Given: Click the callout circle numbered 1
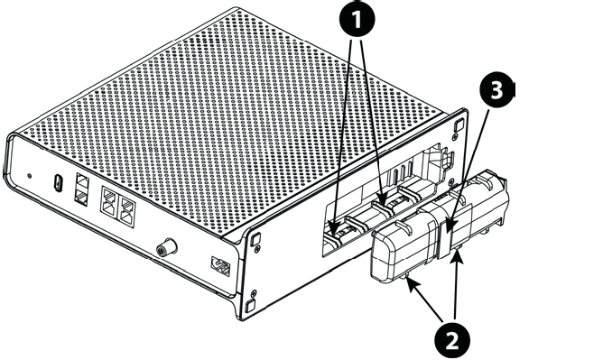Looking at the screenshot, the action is pos(357,19).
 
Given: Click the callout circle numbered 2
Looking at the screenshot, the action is pos(452,340).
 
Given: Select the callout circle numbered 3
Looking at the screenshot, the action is pos(496,90).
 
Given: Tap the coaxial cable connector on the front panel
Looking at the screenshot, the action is pos(167,247).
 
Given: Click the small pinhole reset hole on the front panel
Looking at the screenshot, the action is pos(30,176).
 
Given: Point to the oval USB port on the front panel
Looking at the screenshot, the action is pos(59,183).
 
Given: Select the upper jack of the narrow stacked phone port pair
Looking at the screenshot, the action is pos(82,181).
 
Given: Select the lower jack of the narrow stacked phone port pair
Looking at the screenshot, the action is pos(82,197).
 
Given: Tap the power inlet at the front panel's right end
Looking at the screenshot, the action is pos(220,266).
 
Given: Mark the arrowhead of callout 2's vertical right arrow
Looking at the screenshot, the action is pos(458,255).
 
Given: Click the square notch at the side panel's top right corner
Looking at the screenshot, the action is pos(459,125).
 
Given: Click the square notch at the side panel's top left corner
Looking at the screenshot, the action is pos(255,240).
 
